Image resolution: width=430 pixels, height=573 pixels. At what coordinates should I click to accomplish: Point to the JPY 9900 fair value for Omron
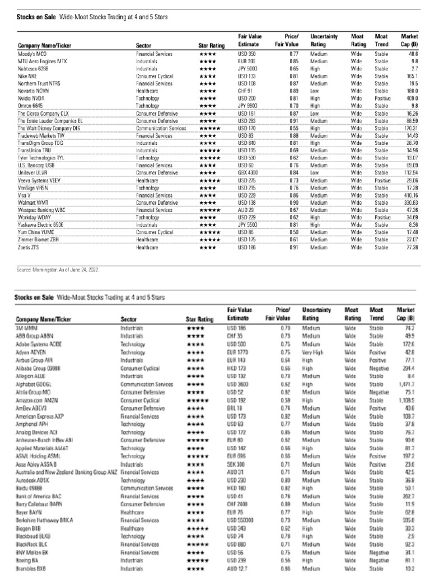click(248, 105)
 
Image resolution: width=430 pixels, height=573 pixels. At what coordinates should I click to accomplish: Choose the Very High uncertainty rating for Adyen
click(316, 353)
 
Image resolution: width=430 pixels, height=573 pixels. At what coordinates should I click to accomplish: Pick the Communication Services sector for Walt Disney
click(161, 128)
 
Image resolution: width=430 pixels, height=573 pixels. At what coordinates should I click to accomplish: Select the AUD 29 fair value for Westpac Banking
click(245, 210)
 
